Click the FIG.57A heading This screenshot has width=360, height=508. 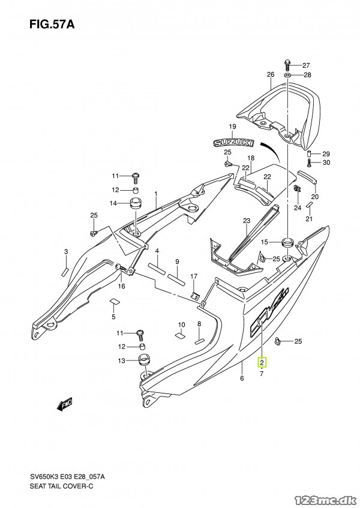coord(52,25)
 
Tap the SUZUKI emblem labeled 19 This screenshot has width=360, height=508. coord(233,142)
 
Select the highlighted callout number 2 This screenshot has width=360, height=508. coord(262,362)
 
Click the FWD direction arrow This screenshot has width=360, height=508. coord(65,404)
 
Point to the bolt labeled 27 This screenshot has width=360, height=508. coord(287,65)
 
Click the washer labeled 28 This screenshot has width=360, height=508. coord(288,75)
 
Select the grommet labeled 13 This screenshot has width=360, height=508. coord(145,360)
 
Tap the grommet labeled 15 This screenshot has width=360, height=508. coord(287,242)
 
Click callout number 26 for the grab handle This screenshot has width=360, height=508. coord(271,74)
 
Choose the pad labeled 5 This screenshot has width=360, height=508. coord(115,301)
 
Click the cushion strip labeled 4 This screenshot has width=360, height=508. coord(157,267)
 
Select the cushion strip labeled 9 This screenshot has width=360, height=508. coord(176,279)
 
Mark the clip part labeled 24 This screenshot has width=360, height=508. coord(296,188)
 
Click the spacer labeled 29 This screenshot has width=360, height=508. coord(309,154)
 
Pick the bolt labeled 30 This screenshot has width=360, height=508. coord(309,163)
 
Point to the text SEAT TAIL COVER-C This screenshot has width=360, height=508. coord(62,486)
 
